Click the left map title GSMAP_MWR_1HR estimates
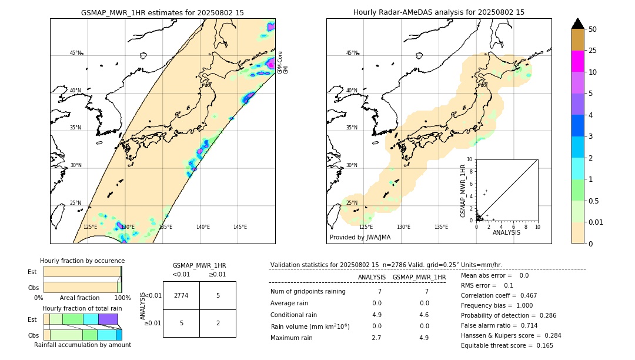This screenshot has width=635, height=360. tap(162, 12)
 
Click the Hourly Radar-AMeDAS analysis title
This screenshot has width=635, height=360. tap(439, 12)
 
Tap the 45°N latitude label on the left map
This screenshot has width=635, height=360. tap(75, 53)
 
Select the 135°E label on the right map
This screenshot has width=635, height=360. tap(441, 227)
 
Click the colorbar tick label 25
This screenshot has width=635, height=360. tap(593, 51)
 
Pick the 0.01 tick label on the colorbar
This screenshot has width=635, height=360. tap(596, 222)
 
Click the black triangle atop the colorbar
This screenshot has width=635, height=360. tap(578, 24)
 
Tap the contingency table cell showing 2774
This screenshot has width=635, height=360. tap(181, 295)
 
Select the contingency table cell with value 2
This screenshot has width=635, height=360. tap(218, 323)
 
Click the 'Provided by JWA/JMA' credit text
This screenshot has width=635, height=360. tap(360, 238)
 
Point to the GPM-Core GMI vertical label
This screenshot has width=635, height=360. tap(283, 62)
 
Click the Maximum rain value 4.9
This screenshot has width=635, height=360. tap(423, 338)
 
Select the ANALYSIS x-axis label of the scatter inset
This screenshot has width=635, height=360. tap(506, 232)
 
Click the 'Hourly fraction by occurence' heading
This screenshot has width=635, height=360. tap(82, 261)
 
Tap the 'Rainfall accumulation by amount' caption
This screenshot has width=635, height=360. tap(82, 345)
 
